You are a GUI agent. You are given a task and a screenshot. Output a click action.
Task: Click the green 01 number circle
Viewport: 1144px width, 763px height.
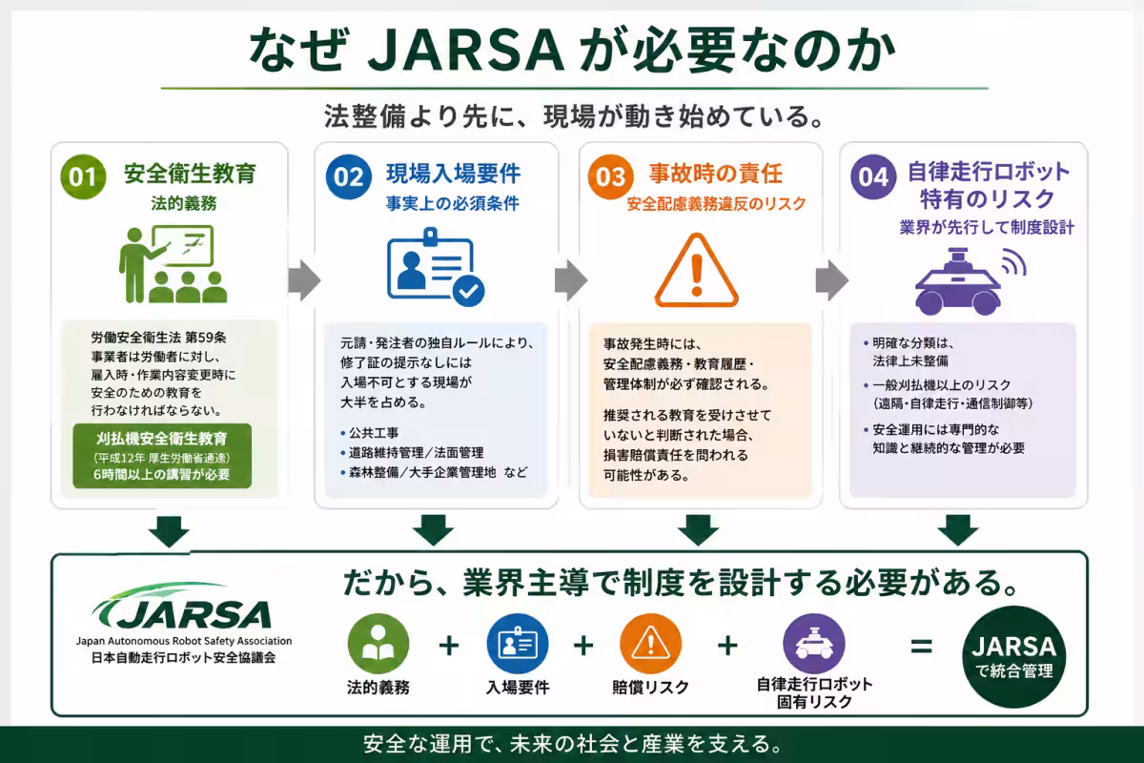[x=83, y=176]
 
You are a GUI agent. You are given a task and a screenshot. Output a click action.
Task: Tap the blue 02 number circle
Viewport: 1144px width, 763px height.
[x=348, y=176]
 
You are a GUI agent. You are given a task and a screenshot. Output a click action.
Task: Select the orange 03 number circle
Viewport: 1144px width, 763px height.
[x=610, y=176]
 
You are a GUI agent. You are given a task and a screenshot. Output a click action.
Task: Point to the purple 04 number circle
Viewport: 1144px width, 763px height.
[x=873, y=176]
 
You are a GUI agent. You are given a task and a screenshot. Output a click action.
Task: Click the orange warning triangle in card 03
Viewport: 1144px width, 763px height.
[x=697, y=270]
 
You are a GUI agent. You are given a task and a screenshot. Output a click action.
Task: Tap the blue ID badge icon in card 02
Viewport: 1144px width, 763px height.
[x=436, y=267]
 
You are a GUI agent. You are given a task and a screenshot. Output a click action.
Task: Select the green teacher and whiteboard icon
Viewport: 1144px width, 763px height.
[x=173, y=264]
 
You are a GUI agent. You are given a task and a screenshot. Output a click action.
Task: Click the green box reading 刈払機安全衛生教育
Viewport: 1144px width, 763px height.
[x=162, y=455]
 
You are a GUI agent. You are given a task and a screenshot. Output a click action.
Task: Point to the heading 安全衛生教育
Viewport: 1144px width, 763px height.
[x=190, y=174]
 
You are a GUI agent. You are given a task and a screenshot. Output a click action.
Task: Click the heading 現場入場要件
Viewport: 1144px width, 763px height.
[x=454, y=174]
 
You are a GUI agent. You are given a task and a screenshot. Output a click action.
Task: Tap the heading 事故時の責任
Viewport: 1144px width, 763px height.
[x=716, y=174]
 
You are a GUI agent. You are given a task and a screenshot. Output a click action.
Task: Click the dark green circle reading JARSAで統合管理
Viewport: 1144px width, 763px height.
[x=1013, y=657]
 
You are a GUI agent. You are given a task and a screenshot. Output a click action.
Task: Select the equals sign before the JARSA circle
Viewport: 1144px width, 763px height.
[x=921, y=647]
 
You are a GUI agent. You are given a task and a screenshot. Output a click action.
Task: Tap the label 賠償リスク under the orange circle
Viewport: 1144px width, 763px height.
[x=650, y=688]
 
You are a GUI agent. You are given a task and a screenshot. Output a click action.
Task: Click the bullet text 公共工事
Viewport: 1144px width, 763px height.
[x=374, y=433]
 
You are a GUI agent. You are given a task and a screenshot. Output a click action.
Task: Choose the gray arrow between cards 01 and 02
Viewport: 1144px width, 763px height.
[x=304, y=280]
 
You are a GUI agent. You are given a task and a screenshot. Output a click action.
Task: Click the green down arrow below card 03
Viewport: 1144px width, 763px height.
[x=698, y=530]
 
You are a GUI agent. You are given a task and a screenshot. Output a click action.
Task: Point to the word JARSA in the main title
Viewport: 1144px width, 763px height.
[x=466, y=52]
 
